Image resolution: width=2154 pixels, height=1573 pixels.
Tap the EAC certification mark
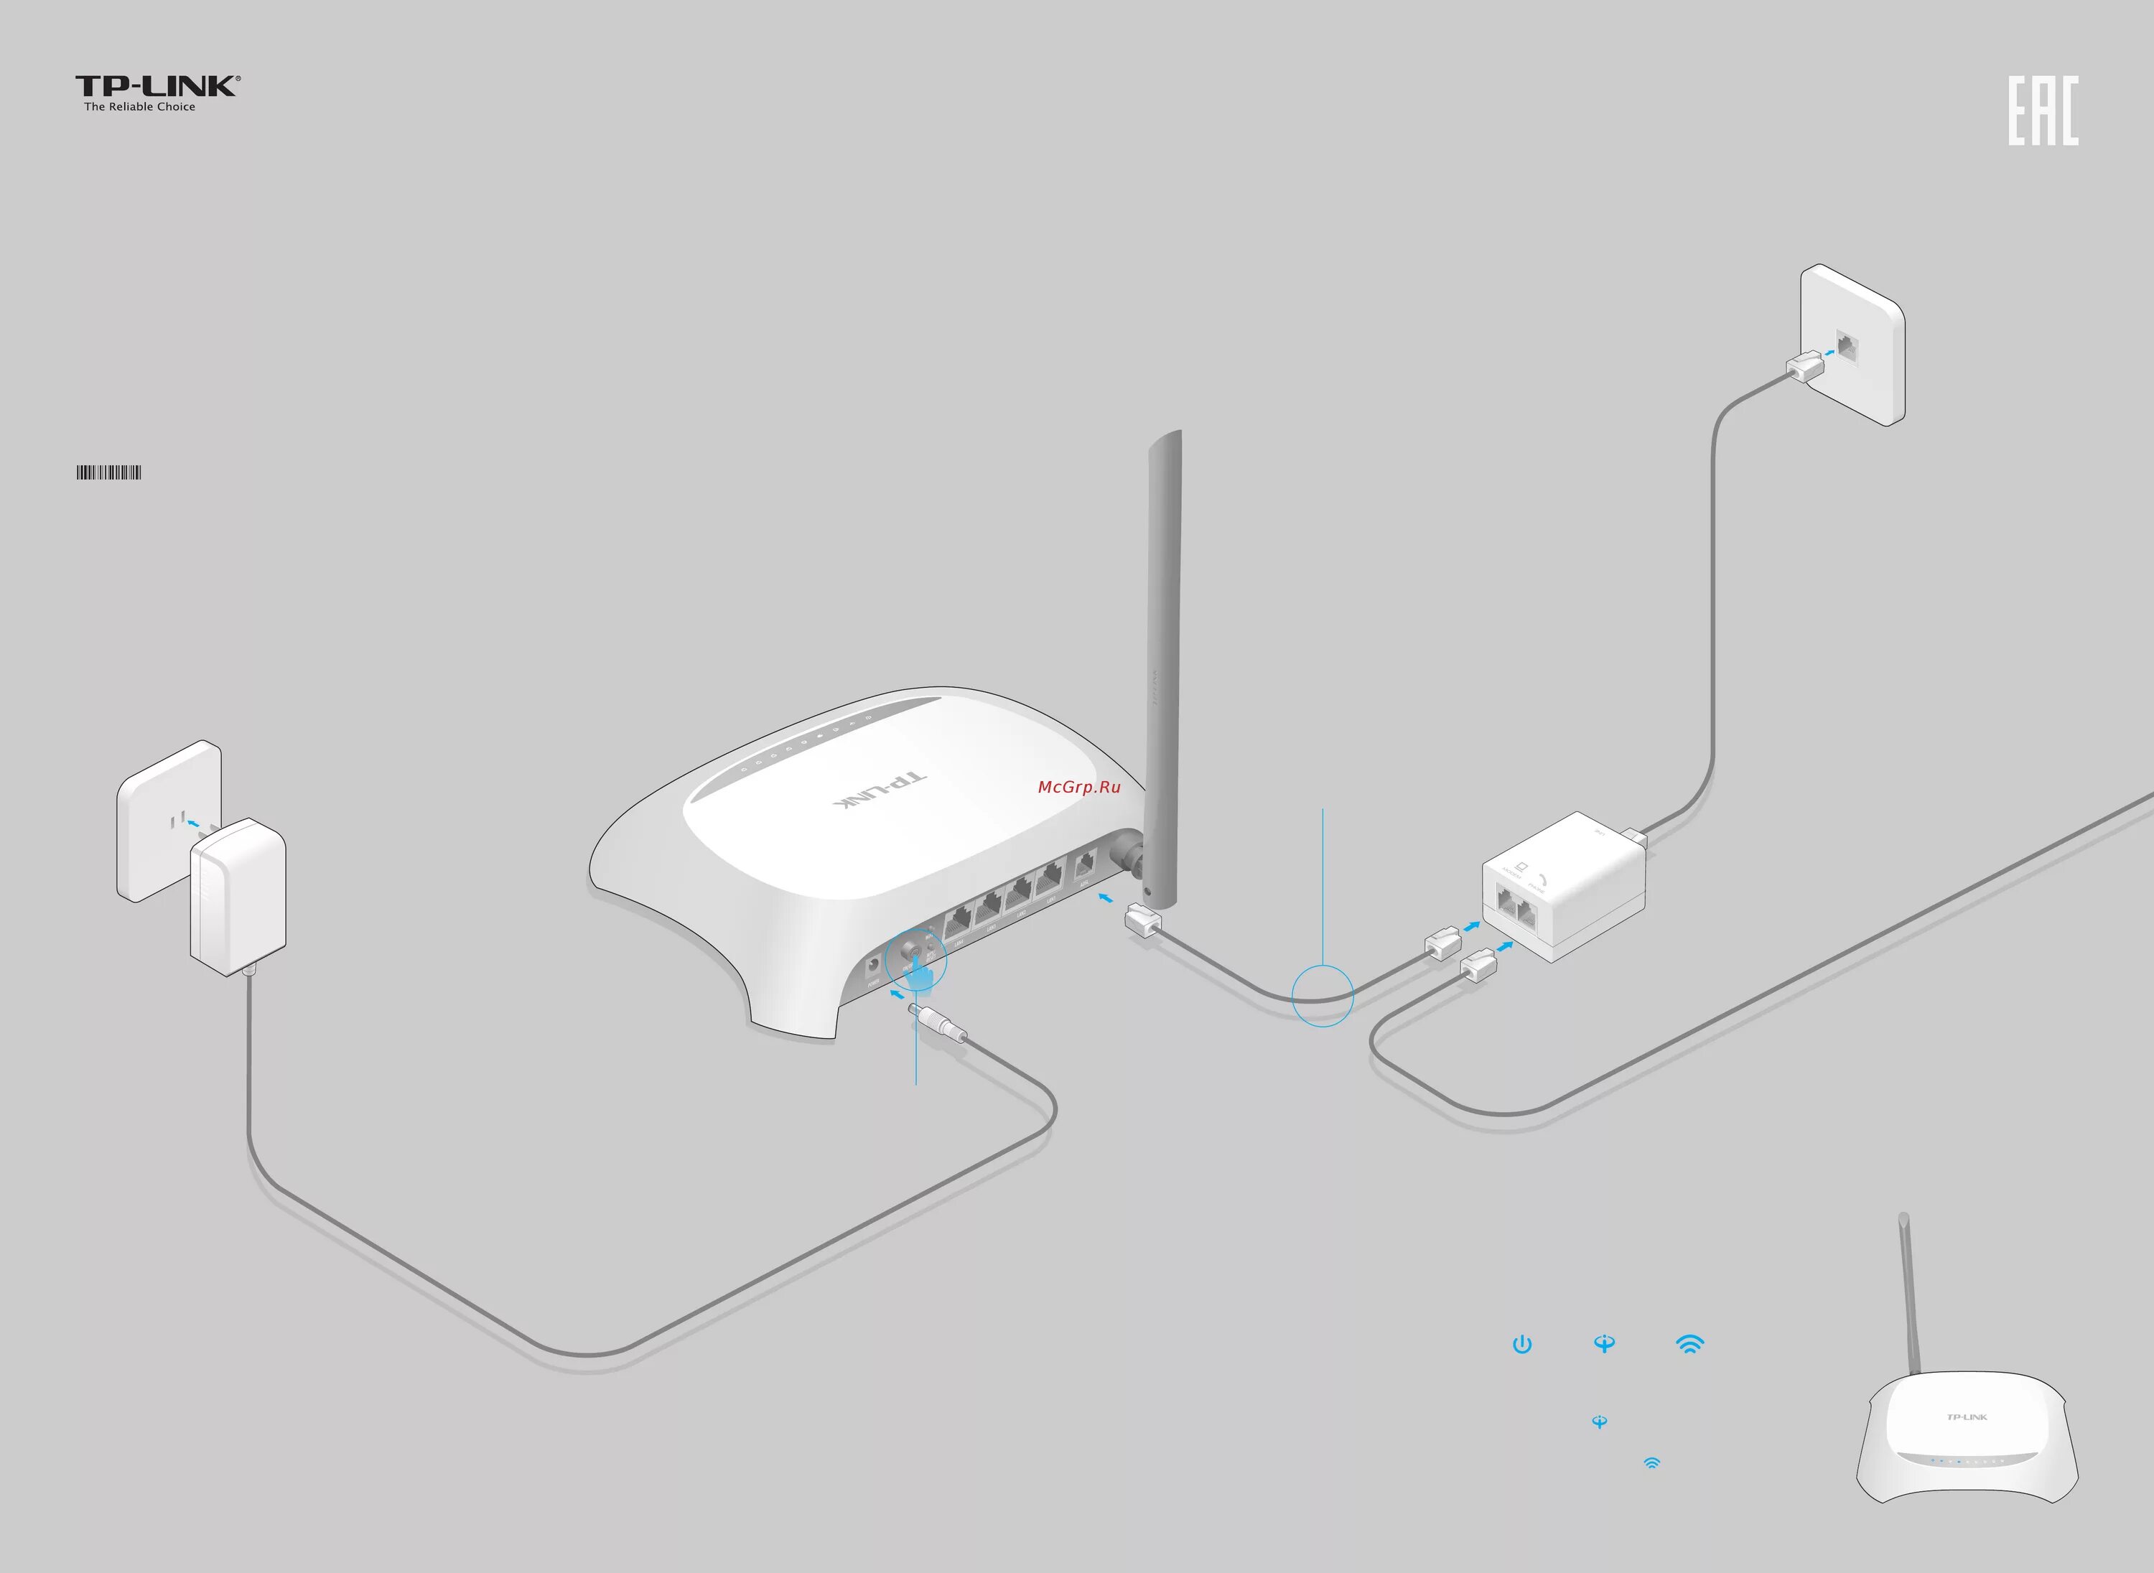click(x=2043, y=111)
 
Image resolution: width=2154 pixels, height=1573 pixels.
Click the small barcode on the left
click(x=108, y=472)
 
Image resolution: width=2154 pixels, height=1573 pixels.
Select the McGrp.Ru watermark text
click(x=1079, y=787)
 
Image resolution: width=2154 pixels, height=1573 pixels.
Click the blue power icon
click(x=1521, y=1345)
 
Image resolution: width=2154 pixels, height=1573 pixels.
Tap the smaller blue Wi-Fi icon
click(x=1651, y=1463)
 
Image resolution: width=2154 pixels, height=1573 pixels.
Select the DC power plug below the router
click(x=937, y=1024)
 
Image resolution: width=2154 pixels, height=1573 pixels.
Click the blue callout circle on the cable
click(x=1322, y=996)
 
